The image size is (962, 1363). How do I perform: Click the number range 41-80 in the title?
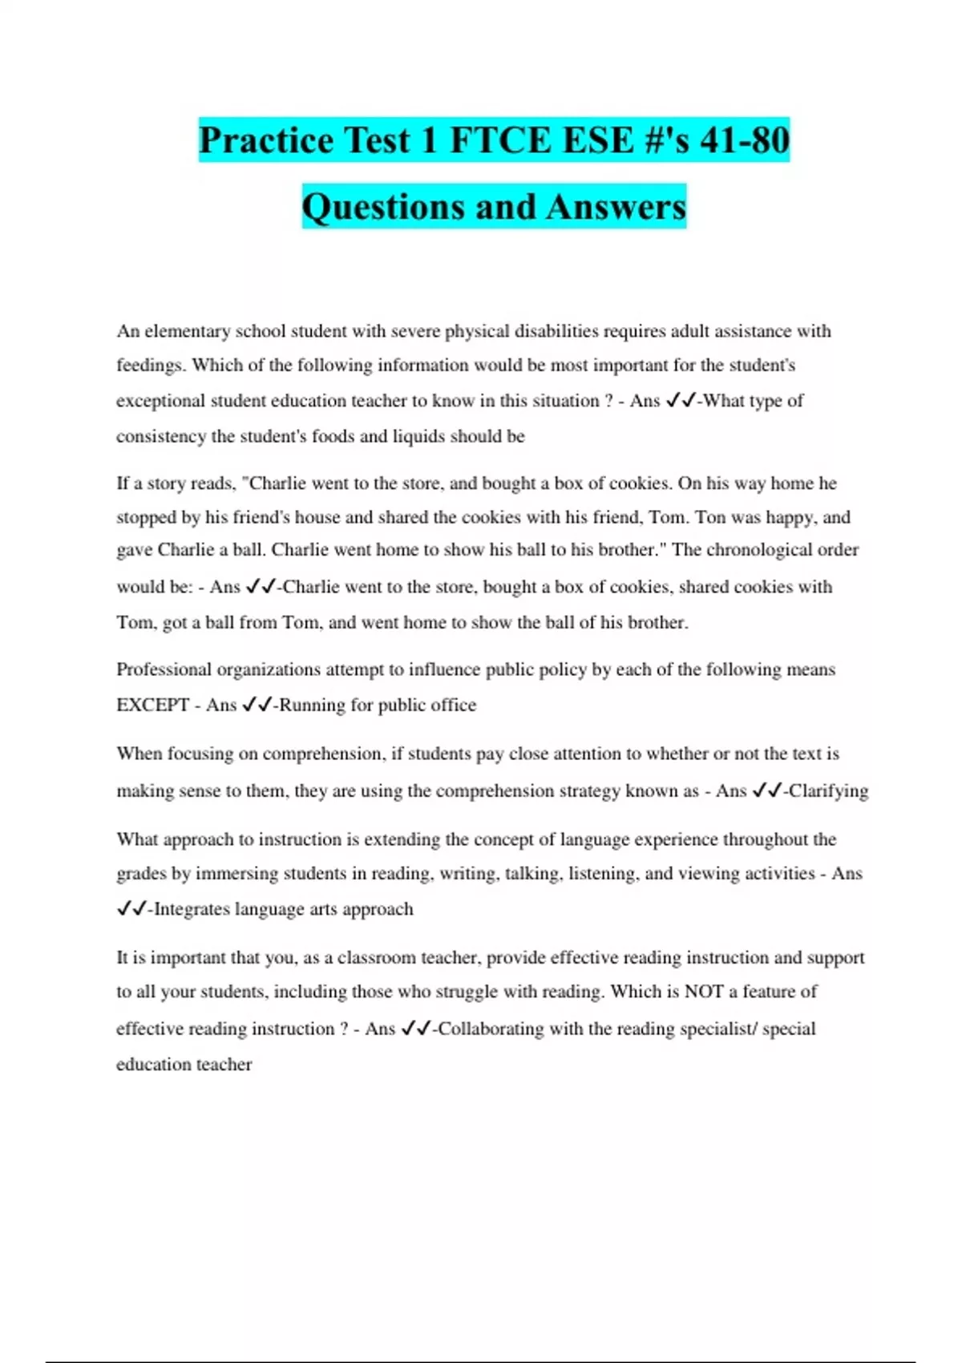(x=744, y=140)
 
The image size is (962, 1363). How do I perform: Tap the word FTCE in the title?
(x=499, y=140)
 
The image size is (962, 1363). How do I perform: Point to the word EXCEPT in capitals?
(x=152, y=705)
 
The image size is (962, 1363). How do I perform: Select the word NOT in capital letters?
(x=704, y=992)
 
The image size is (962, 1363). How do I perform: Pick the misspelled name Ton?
(x=710, y=517)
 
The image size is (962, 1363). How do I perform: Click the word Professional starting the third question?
(x=164, y=669)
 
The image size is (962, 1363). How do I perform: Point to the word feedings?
(x=150, y=366)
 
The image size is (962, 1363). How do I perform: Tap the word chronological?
(x=766, y=550)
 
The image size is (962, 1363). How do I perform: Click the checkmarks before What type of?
(x=680, y=401)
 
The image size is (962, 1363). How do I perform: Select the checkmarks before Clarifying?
(x=766, y=791)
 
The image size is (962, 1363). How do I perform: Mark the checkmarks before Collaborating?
(x=415, y=1029)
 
